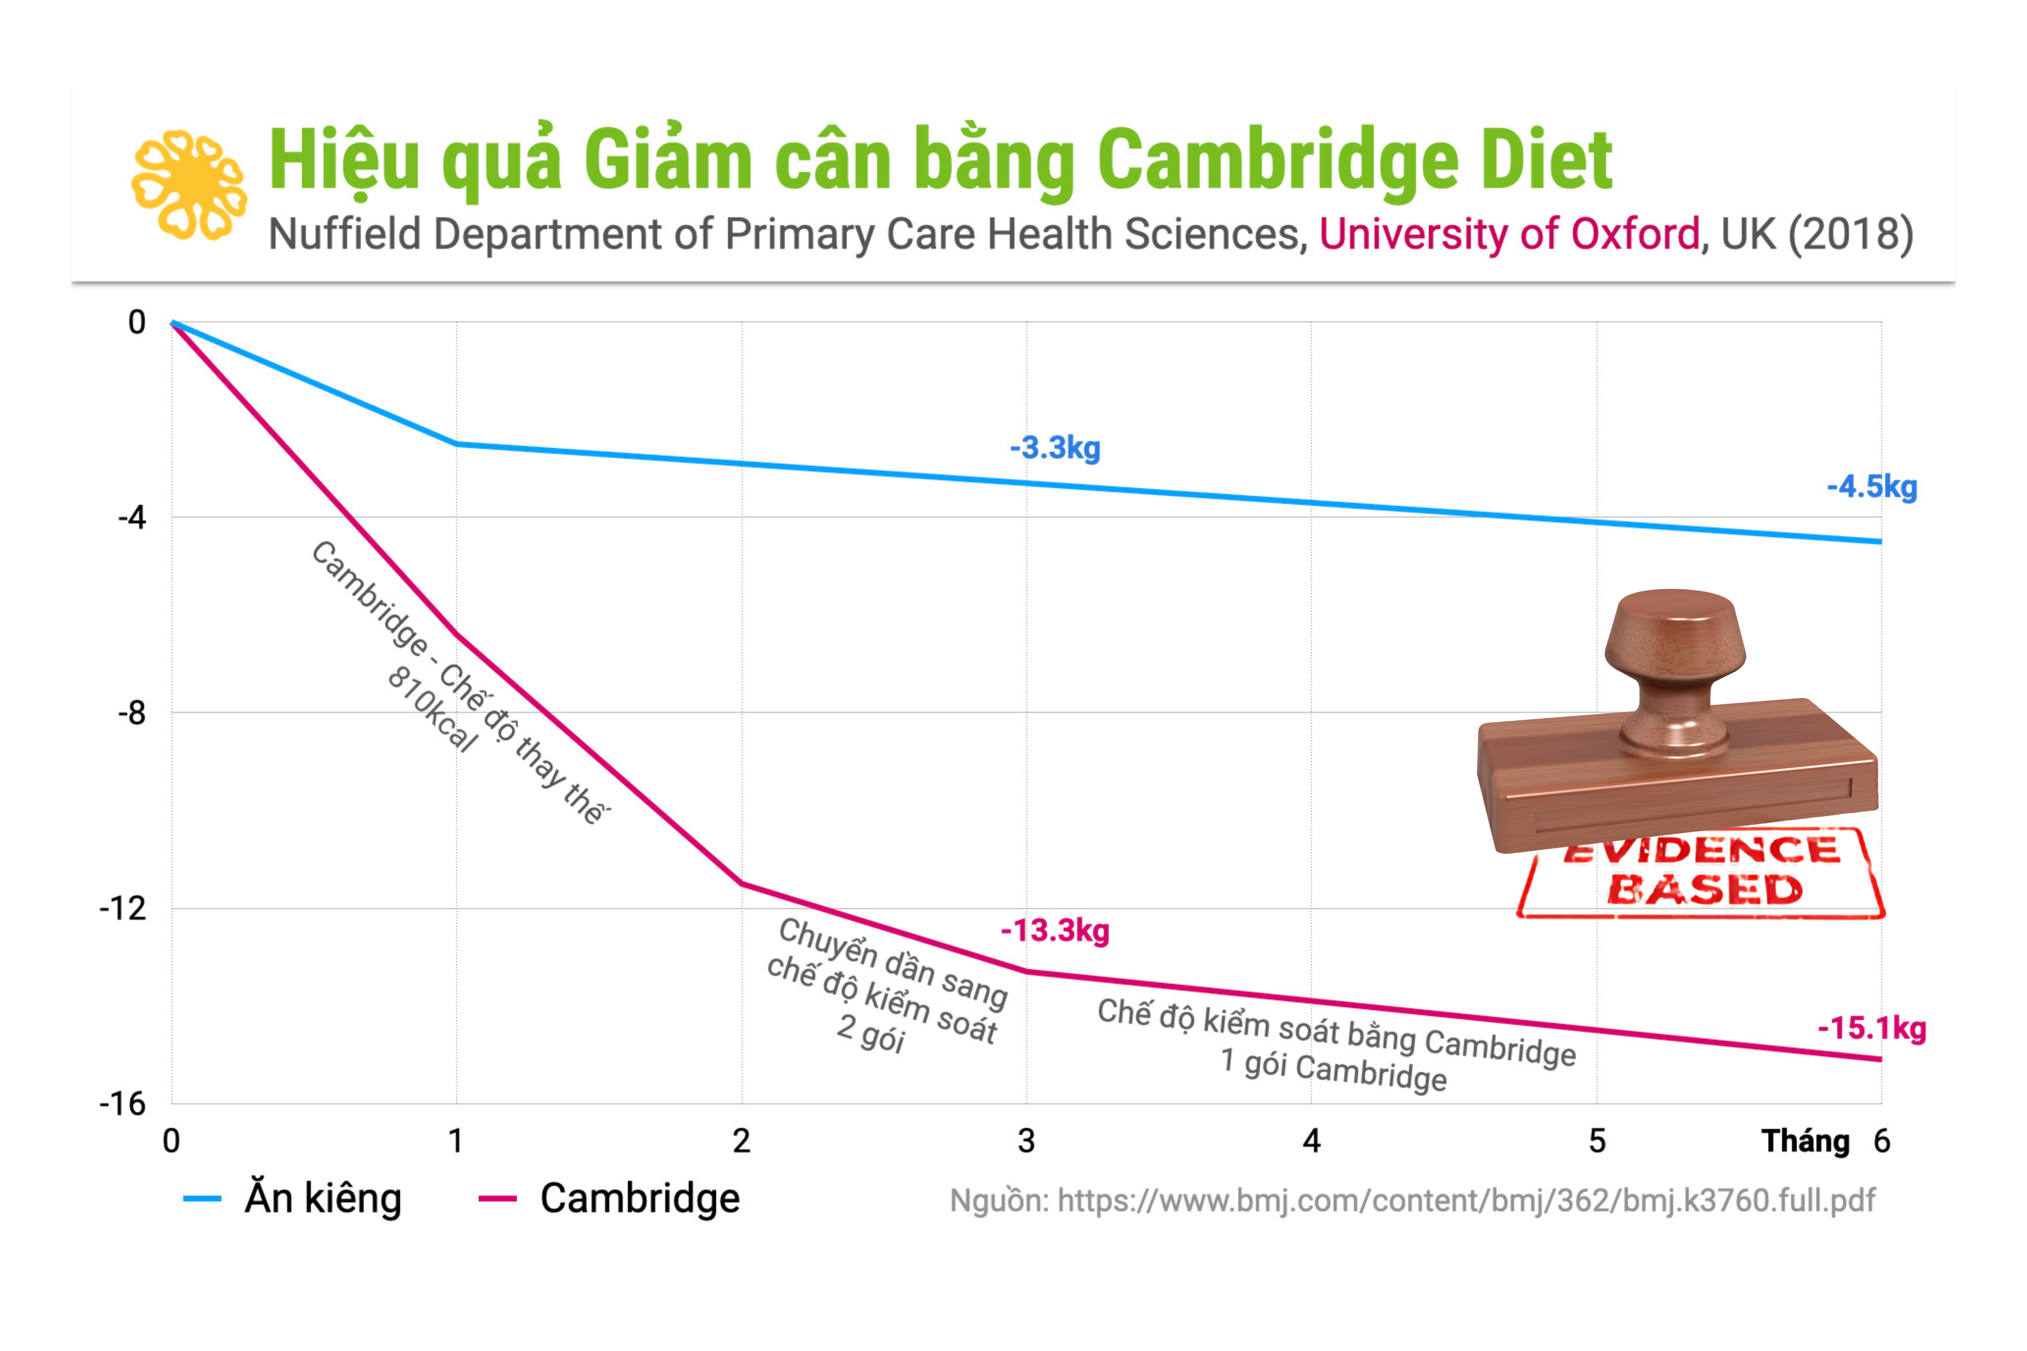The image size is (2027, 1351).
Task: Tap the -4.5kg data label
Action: pos(1872,487)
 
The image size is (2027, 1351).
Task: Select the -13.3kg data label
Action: pos(1055,931)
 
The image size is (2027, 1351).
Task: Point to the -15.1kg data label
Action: pos(1872,1028)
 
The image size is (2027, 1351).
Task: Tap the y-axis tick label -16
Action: pos(123,1104)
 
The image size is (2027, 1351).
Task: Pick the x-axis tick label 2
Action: pos(741,1141)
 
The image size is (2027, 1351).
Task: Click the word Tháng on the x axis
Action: pos(1806,1141)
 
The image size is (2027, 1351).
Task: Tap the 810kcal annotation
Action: pos(432,708)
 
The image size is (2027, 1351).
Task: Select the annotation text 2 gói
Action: pos(870,1032)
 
